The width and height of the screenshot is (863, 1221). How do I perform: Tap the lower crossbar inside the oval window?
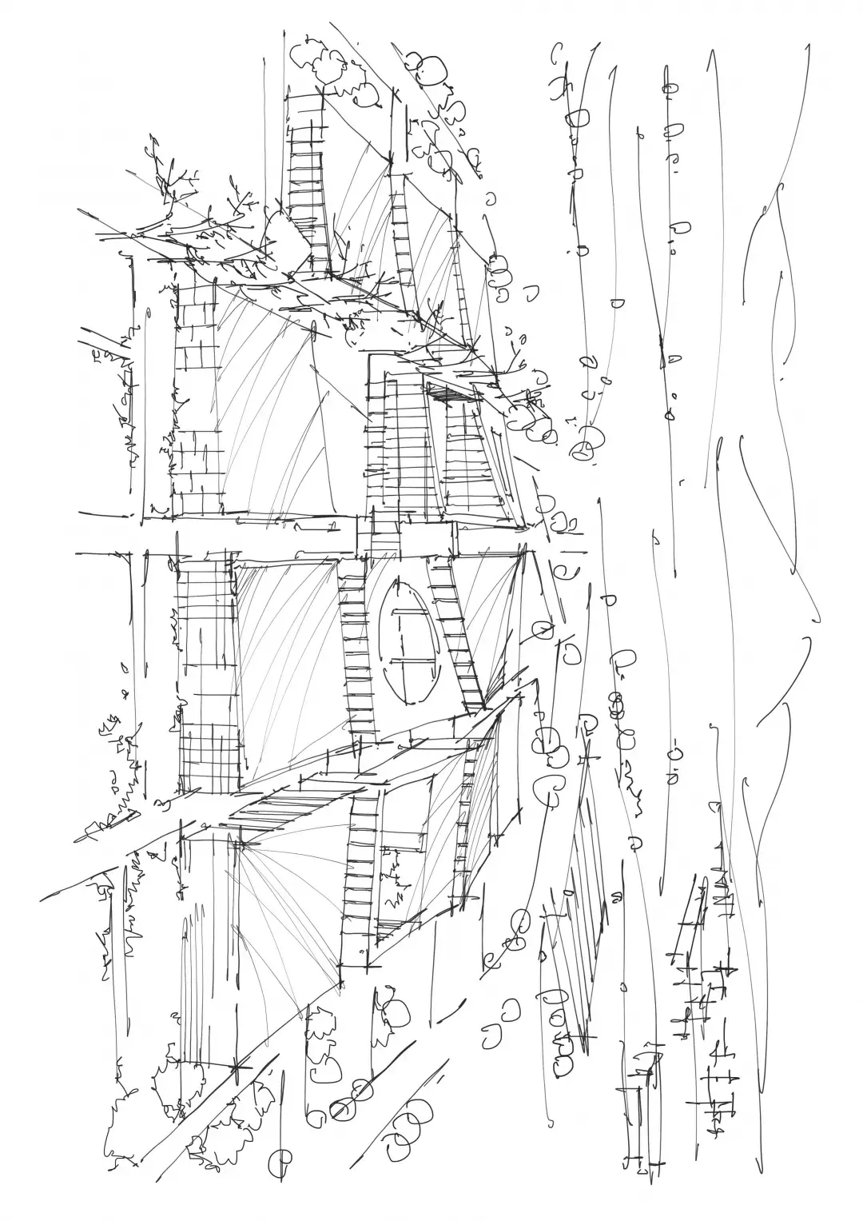point(415,661)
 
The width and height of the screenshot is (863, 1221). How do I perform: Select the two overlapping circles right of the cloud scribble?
point(428,68)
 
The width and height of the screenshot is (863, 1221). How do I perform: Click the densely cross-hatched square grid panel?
point(209,756)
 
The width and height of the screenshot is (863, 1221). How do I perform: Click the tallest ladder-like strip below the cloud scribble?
point(308,184)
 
